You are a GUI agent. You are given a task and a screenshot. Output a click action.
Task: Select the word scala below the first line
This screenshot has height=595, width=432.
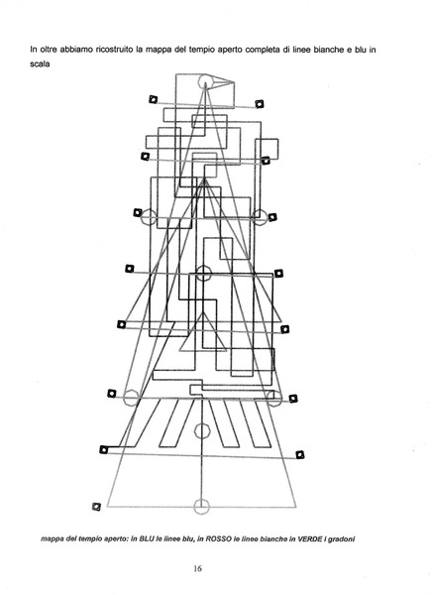[x=40, y=63]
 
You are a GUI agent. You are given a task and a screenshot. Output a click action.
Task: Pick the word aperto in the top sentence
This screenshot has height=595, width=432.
[x=230, y=51]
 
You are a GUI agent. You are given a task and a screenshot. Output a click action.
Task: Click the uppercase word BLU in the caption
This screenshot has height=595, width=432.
[x=148, y=538]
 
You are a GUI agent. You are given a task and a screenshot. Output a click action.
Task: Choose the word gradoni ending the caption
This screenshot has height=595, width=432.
[x=341, y=538]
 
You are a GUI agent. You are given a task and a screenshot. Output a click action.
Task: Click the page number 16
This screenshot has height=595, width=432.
[x=197, y=568]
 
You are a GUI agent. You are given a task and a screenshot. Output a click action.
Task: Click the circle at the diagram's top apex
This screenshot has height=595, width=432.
[x=205, y=81]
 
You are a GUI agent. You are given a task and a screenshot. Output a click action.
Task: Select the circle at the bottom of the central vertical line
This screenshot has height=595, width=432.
[x=201, y=506]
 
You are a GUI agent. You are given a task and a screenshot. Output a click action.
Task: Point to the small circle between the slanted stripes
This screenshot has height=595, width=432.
[x=202, y=431]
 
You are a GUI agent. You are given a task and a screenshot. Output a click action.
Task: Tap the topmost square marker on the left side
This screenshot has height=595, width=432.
[x=153, y=99]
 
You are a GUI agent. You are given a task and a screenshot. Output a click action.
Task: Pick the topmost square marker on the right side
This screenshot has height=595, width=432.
[x=260, y=103]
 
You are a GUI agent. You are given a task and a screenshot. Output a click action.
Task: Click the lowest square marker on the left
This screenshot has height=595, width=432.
[x=97, y=507]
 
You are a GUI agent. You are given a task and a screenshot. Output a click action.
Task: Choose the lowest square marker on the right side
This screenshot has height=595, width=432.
[x=300, y=454]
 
